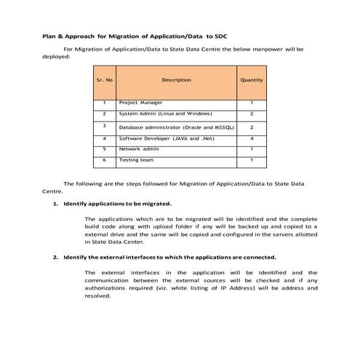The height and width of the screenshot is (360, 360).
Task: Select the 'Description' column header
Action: pos(176,80)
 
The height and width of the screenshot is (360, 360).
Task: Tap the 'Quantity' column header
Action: pos(252,80)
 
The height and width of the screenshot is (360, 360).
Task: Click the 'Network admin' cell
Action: pos(140,148)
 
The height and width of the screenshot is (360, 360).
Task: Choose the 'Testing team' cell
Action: pos(136,159)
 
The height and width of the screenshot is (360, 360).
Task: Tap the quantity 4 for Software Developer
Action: pos(252,137)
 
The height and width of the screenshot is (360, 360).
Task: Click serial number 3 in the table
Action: pos(105,126)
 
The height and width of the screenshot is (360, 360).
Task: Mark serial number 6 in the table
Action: pos(105,159)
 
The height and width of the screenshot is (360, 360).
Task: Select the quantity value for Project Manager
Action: pos(252,103)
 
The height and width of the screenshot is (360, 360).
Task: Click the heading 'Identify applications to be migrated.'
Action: pos(117,204)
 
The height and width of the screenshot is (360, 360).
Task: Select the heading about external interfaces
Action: pos(169,257)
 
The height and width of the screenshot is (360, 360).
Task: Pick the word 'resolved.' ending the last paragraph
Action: pos(97,296)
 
